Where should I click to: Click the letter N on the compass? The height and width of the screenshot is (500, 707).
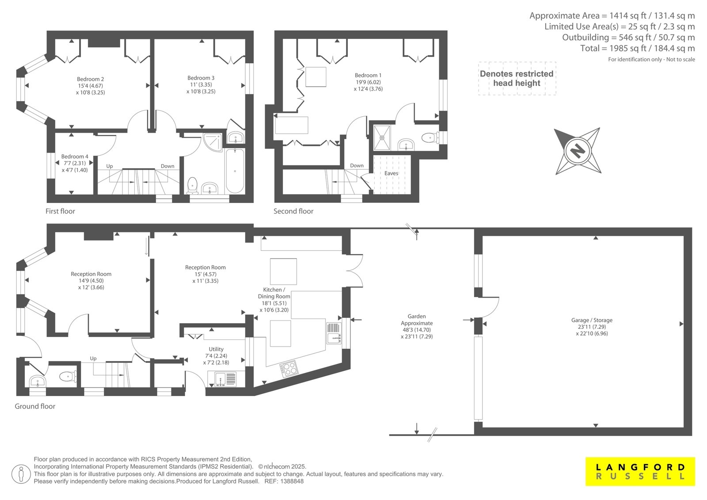tap(578, 151)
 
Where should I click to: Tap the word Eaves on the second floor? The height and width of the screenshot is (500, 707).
tap(391, 173)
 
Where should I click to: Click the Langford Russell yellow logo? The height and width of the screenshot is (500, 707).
tap(640, 471)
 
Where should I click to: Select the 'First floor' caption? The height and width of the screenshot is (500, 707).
tap(60, 211)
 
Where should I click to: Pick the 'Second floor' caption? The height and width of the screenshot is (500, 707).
tap(293, 211)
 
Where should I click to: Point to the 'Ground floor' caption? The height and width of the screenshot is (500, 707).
tap(35, 406)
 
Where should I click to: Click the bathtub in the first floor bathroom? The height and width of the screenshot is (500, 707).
tap(235, 171)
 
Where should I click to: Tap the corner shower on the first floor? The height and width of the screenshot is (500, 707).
tap(213, 142)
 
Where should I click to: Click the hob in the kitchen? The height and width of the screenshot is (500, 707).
tap(289, 369)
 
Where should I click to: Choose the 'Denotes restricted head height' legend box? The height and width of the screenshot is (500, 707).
tap(517, 78)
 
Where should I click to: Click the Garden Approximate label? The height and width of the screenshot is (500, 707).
tap(417, 326)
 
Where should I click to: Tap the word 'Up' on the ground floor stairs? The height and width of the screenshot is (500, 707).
tap(93, 359)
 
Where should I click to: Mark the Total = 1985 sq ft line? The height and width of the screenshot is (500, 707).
tap(638, 48)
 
